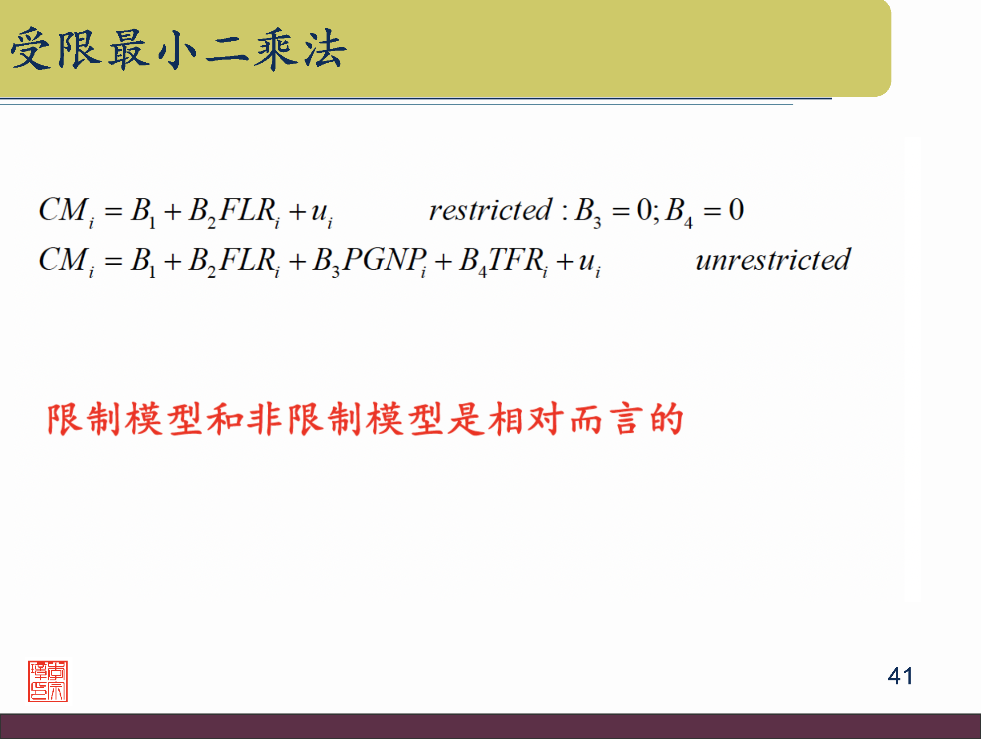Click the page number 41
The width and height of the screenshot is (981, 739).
[x=900, y=676]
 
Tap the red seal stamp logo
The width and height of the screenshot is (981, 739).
[x=48, y=681]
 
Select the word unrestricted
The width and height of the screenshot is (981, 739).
[x=773, y=259]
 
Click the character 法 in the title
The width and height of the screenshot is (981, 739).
[x=326, y=49]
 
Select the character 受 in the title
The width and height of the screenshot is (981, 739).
[x=30, y=49]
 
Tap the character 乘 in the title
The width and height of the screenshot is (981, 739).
[x=275, y=49]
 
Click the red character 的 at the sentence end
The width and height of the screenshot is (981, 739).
[x=667, y=419]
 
